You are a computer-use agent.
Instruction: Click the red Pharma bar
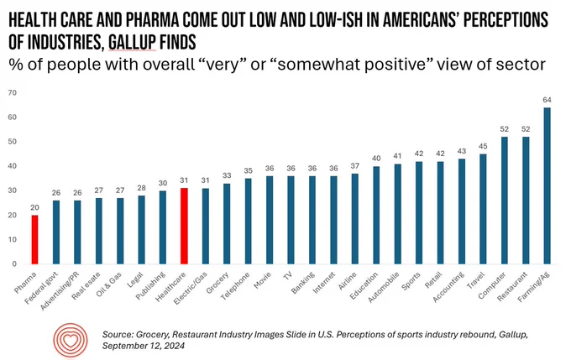pos(34,239)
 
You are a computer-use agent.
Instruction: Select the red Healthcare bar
pos(184,226)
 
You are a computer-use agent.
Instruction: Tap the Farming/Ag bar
pos(547,185)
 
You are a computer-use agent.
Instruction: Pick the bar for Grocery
pos(227,223)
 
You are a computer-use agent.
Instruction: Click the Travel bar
pos(483,209)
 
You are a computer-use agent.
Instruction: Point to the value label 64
pos(547,100)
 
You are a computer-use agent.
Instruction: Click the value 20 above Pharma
pos(34,207)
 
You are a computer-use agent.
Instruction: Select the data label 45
pos(483,146)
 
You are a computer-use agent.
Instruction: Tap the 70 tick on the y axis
pos(13,93)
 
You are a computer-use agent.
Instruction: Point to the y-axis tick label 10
pos(13,239)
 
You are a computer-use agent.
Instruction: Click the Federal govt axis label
pos(41,288)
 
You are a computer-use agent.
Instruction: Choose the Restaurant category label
pos(512,286)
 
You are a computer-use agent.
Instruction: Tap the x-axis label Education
pos(364,286)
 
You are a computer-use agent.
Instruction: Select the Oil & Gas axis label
pos(109,284)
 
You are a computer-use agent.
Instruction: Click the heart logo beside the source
pos(71,340)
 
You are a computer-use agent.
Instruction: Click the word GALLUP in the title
pos(132,43)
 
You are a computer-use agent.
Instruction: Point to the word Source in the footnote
pos(117,334)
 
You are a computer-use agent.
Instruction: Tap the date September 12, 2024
pos(143,346)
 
